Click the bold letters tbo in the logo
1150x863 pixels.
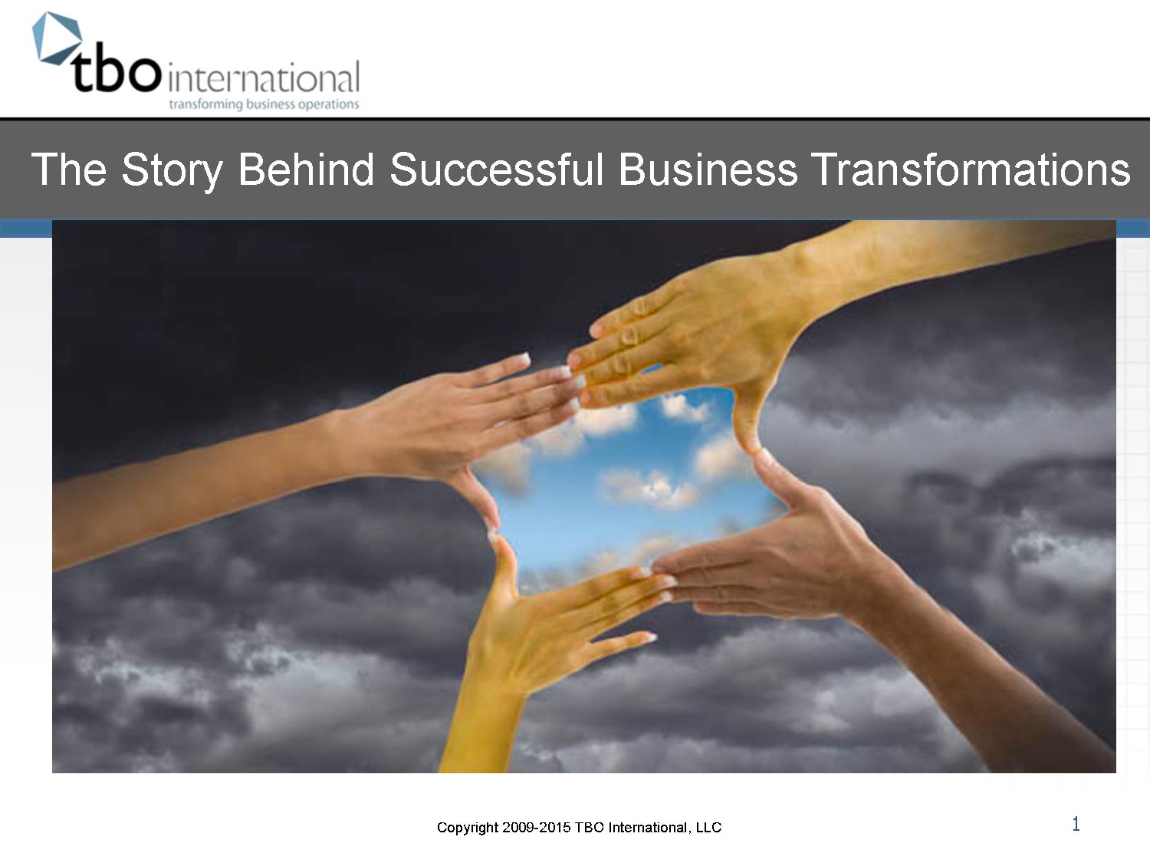116,74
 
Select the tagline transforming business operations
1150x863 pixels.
263,104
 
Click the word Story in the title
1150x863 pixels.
172,169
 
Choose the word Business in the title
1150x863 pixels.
708,169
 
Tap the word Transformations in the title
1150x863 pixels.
970,169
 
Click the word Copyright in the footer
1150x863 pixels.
468,828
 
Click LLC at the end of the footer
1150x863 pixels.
708,828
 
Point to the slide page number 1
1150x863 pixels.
1076,825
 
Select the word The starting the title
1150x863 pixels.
68,169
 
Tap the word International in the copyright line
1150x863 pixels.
647,828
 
